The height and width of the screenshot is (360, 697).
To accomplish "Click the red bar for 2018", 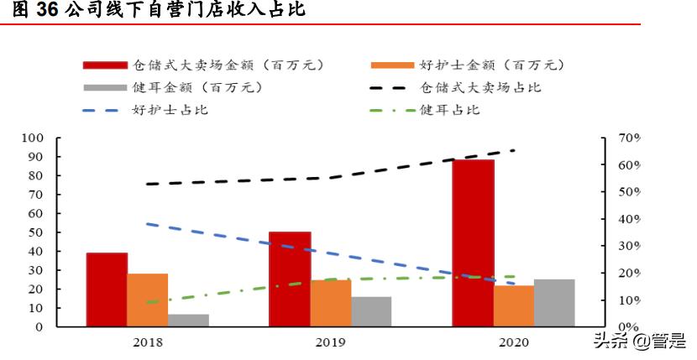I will coord(107,290).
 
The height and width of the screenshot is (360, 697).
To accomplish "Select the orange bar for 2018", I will coord(148,300).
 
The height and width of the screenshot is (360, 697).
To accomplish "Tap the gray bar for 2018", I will coord(188,321).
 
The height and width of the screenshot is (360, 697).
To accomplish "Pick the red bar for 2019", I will coord(290,279).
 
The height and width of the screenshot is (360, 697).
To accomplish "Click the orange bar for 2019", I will coord(331,303).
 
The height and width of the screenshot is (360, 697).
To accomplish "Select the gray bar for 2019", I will coord(371,311).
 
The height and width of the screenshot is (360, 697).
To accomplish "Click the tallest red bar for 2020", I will coord(473,243).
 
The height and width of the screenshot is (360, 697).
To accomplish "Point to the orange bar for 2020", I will coord(513,306).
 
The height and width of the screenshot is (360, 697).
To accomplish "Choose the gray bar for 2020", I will coord(554,303).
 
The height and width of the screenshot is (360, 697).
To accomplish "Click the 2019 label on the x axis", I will coord(330,342).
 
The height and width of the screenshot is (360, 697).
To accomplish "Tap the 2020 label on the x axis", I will coord(513,342).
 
